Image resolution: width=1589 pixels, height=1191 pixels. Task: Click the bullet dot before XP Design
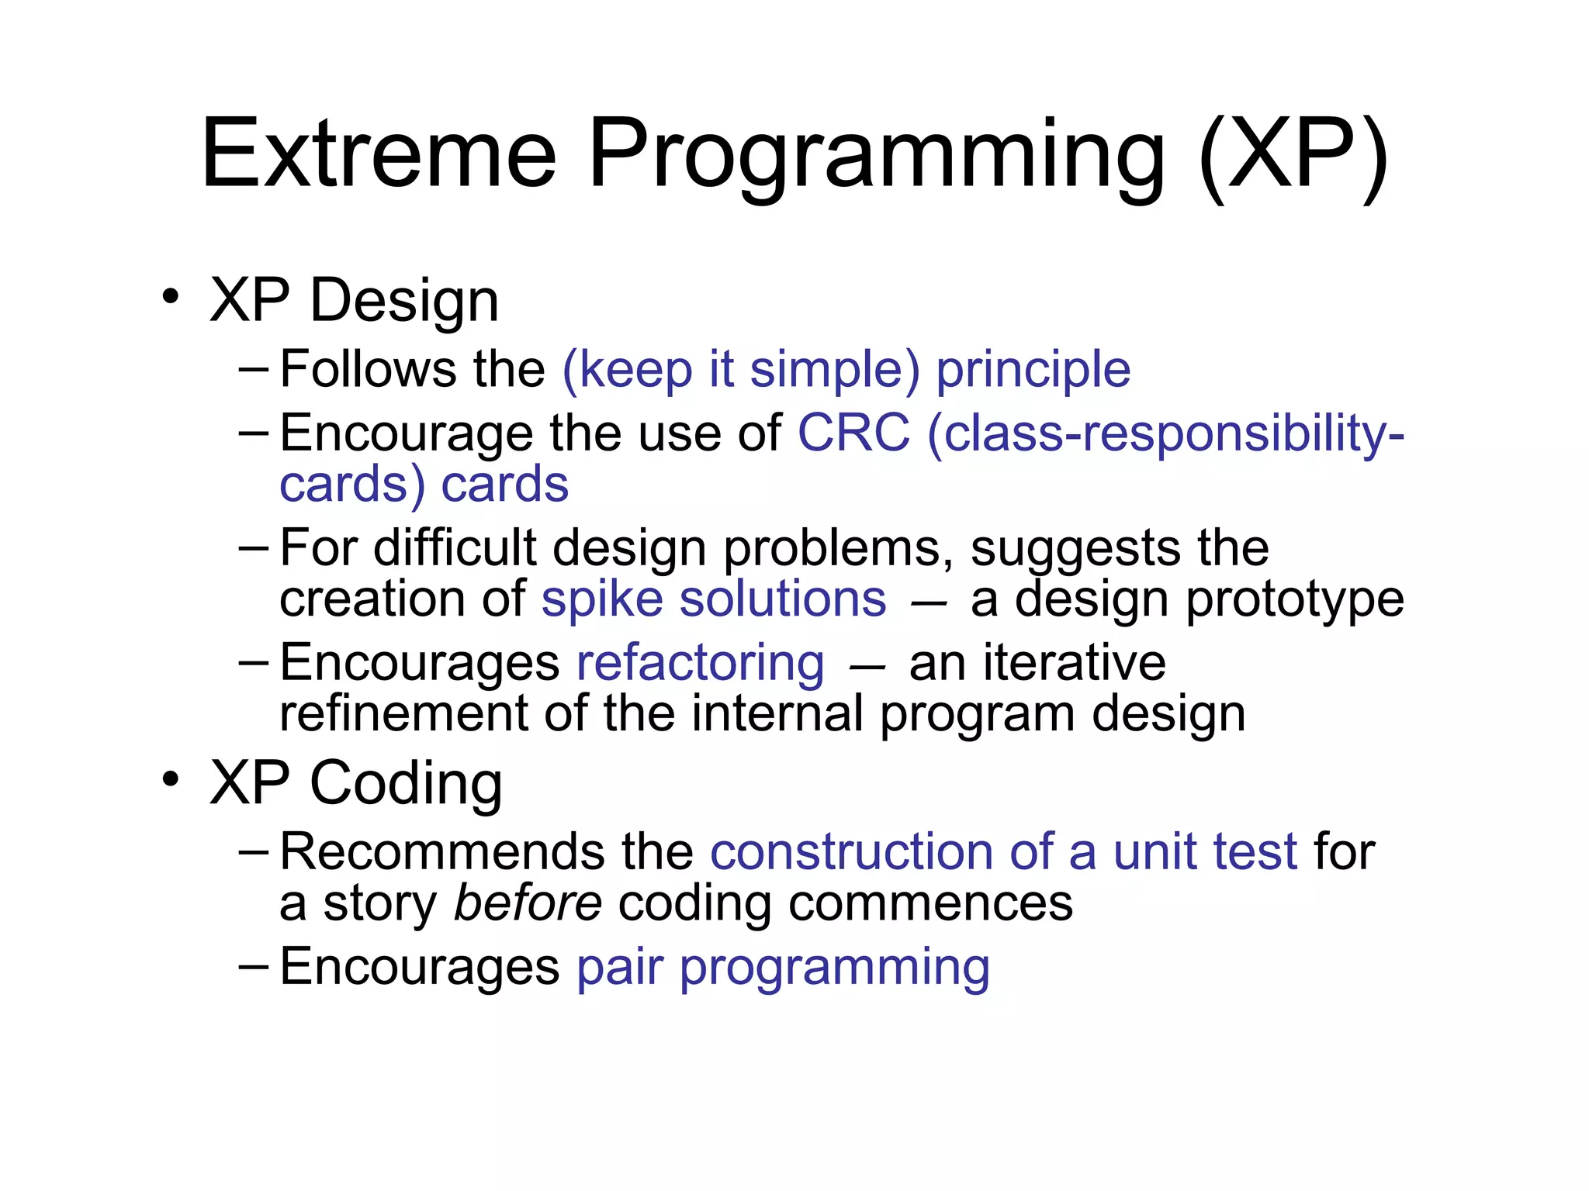(x=171, y=296)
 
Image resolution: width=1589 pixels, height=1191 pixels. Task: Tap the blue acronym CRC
(x=853, y=433)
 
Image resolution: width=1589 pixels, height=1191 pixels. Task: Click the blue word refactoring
(x=701, y=663)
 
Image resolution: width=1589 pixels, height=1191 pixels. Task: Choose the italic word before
(x=528, y=903)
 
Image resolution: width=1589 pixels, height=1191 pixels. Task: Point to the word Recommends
(x=441, y=851)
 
